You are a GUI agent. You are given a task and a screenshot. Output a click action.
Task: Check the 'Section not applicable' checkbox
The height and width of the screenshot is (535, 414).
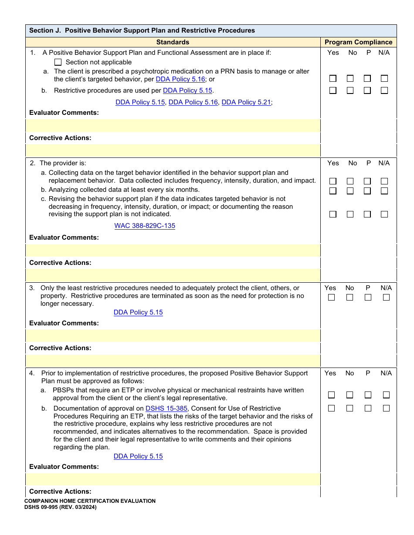pyautogui.click(x=58, y=62)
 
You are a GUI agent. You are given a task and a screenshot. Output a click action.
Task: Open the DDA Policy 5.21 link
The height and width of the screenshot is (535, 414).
pyautogui.click(x=246, y=102)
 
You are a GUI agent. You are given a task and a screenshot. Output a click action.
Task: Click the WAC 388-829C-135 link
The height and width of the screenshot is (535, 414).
pyautogui.click(x=145, y=226)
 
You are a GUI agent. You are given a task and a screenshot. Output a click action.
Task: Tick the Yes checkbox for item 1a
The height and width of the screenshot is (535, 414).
pyautogui.click(x=333, y=79)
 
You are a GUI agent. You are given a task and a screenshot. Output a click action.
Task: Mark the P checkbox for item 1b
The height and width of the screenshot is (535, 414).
pyautogui.click(x=367, y=90)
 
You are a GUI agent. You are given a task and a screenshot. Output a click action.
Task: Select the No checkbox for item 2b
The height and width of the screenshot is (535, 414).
pyautogui.click(x=350, y=191)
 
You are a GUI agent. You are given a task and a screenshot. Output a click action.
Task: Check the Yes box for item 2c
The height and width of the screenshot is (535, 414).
pyautogui.click(x=333, y=214)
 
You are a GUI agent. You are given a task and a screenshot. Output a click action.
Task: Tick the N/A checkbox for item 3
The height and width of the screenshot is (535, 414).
pyautogui.click(x=386, y=298)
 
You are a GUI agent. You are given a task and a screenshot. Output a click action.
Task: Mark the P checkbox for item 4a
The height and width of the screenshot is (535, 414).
pyautogui.click(x=368, y=395)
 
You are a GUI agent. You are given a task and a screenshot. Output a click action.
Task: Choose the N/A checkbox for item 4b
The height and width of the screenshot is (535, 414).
pyautogui.click(x=386, y=408)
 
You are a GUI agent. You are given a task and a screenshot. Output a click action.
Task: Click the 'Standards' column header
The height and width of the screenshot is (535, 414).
pyautogui.click(x=173, y=42)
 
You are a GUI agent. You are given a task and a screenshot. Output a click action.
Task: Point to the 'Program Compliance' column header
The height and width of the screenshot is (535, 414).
pyautogui.click(x=358, y=42)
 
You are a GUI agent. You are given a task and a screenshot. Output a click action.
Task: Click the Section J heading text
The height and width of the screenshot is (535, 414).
pyautogui.click(x=142, y=30)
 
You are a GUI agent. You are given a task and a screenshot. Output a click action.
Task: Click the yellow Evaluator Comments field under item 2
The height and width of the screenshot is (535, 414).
pyautogui.click(x=173, y=250)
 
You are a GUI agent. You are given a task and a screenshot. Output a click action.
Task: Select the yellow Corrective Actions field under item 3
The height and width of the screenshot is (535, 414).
pyautogui.click(x=173, y=361)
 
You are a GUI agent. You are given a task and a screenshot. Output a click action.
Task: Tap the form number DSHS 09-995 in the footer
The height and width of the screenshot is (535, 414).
pyautogui.click(x=61, y=507)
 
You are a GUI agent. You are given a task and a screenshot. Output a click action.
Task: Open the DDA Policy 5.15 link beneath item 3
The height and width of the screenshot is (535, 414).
pyautogui.click(x=138, y=312)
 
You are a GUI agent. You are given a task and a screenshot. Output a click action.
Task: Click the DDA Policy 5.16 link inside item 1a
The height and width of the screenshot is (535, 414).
pyautogui.click(x=180, y=79)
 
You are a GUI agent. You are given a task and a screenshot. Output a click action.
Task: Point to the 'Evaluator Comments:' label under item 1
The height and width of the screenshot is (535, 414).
pyautogui.click(x=64, y=113)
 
